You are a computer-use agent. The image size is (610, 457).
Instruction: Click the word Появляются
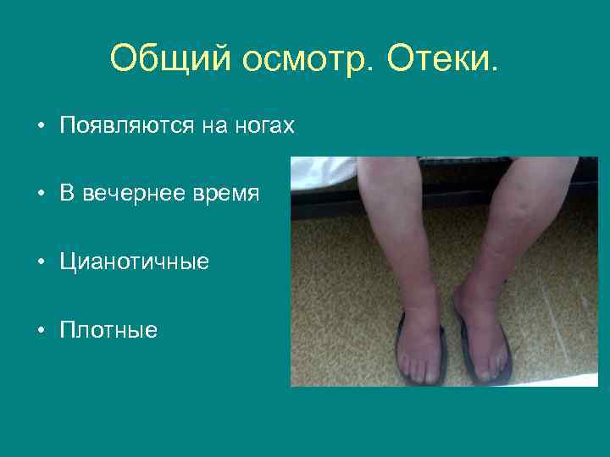pyautogui.click(x=127, y=127)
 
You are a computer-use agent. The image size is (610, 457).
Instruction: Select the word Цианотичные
pyautogui.click(x=134, y=262)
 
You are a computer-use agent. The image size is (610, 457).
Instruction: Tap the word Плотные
pyautogui.click(x=108, y=329)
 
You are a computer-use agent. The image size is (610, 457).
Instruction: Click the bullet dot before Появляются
pyautogui.click(x=41, y=127)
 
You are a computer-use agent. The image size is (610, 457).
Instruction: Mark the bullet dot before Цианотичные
pyautogui.click(x=41, y=262)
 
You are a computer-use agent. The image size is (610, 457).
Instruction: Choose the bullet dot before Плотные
pyautogui.click(x=41, y=329)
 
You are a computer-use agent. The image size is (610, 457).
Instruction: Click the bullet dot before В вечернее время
pyautogui.click(x=41, y=194)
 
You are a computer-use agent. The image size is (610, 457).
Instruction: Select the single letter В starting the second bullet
pyautogui.click(x=67, y=194)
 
